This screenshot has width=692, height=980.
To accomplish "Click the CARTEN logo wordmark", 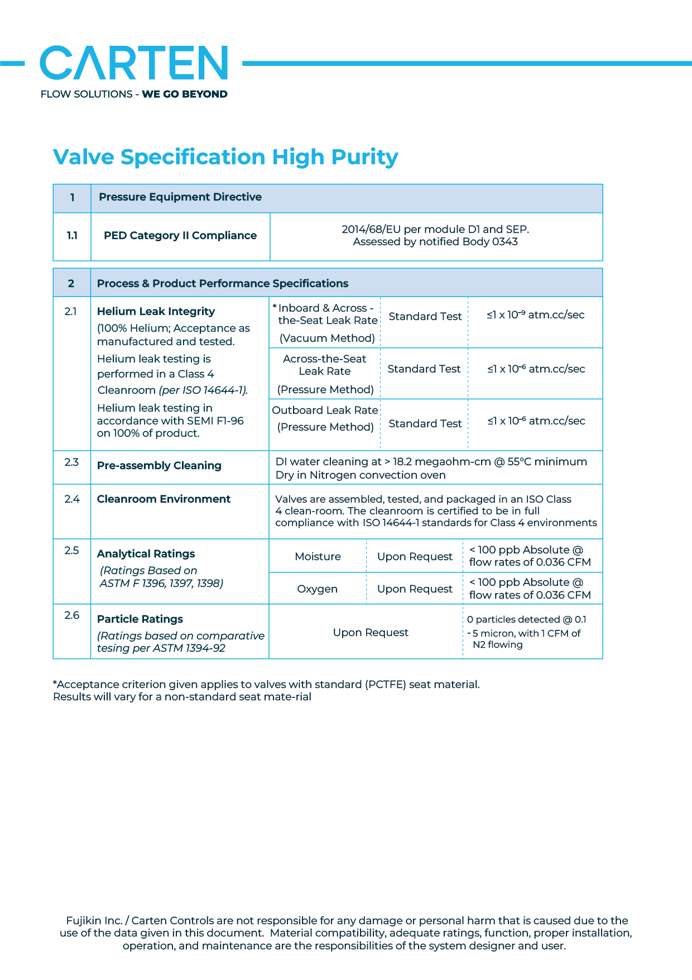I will coord(134,63).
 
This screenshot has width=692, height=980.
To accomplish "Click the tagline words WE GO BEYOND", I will coord(185,94).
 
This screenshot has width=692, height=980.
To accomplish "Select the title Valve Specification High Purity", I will coord(225,157).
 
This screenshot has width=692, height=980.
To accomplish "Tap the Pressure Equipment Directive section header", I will coord(180,197).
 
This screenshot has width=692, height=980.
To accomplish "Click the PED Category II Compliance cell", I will coord(180,236).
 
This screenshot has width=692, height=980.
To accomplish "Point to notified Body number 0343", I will coord(504,242).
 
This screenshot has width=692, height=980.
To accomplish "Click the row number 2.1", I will coord(71,312).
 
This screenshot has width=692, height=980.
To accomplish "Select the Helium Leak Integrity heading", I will coord(156,312).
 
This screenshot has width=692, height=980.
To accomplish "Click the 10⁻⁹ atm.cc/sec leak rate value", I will coord(535,315).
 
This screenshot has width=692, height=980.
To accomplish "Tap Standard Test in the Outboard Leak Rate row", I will coord(425,424).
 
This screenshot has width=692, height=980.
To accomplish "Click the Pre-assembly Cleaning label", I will coord(159,466).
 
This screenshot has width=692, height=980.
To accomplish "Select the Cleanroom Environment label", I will coord(164,499).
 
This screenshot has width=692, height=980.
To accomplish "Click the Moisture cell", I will coord(318,557).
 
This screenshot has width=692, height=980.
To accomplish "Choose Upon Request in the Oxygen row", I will coord(415,589).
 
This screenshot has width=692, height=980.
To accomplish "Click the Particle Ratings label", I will coord(140,619).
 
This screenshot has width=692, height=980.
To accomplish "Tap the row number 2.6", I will coord(72,615).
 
